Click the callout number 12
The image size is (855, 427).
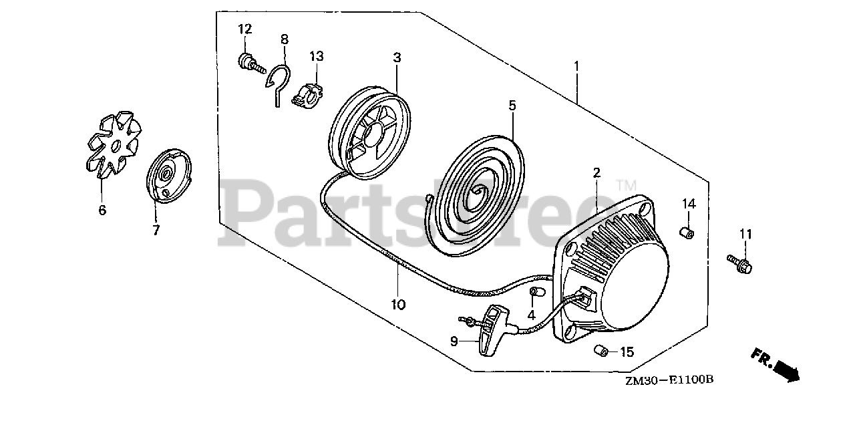245,29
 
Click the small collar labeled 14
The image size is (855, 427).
685,233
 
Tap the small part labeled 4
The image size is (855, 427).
534,293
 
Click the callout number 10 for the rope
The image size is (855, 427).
398,305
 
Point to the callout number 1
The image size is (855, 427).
576,67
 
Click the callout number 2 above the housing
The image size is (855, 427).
596,172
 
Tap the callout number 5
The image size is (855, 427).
512,106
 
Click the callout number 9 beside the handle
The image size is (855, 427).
454,341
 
